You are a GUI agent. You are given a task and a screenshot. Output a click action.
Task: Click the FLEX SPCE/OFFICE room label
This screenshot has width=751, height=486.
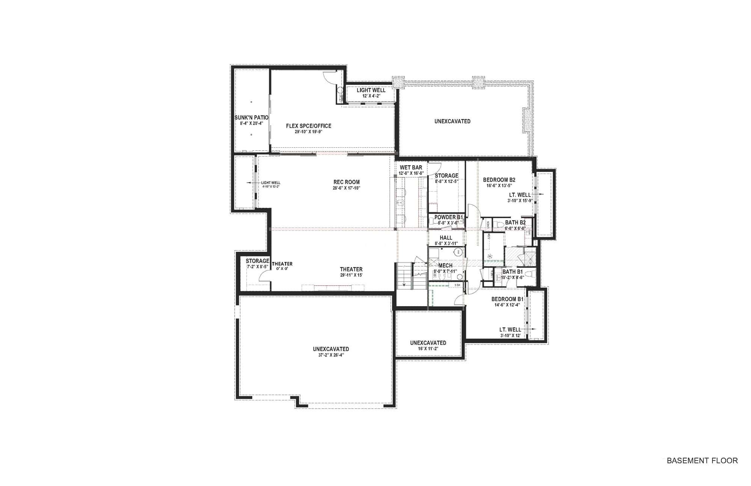[309, 126]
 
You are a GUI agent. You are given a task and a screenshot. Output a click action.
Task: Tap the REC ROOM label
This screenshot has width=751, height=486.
[346, 182]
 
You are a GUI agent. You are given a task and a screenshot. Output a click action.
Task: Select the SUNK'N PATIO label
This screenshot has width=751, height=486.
[251, 118]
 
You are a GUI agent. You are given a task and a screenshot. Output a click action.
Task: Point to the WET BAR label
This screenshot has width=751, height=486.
[411, 168]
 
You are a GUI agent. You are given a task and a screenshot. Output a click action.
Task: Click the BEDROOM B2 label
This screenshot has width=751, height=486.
[499, 180]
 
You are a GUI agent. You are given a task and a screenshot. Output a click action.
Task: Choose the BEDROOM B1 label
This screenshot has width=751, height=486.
[507, 299]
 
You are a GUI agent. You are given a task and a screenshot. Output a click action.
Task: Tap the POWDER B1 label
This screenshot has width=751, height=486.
[448, 217]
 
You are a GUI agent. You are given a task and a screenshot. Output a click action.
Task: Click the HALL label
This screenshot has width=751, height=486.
[446, 238]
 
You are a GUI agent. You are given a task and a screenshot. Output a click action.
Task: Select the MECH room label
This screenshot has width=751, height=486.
[445, 266]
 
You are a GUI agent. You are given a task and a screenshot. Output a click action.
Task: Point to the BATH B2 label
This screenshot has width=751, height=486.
[515, 223]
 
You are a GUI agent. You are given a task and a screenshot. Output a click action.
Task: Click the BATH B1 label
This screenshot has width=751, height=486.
[512, 272]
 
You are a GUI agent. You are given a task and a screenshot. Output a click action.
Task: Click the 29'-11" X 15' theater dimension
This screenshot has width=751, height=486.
[351, 275]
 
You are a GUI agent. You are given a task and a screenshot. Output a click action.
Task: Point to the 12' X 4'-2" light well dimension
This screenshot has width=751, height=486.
[371, 96]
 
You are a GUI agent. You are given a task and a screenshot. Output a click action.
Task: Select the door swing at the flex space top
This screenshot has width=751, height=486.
[329, 76]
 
